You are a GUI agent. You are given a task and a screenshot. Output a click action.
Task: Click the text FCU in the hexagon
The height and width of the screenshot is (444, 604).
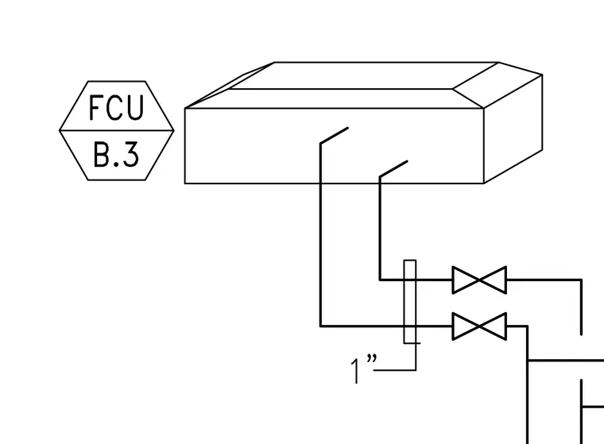tap(116, 107)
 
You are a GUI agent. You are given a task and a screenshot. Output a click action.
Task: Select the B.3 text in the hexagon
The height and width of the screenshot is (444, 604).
tap(116, 155)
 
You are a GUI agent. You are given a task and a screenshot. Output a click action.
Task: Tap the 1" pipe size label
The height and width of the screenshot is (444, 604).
tap(363, 369)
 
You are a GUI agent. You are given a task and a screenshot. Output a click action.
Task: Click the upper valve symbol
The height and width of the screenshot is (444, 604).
tap(479, 280)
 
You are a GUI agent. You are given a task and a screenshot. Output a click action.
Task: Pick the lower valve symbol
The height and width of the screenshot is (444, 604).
tap(479, 326)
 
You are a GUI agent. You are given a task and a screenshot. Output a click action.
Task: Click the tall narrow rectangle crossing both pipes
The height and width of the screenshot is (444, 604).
tap(410, 302)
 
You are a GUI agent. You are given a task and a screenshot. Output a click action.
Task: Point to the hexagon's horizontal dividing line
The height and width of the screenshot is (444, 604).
tap(117, 130)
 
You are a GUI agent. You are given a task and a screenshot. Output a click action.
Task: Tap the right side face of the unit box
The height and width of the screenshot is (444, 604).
tap(513, 129)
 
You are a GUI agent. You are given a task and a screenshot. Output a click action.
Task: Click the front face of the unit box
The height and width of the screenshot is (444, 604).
tap(334, 145)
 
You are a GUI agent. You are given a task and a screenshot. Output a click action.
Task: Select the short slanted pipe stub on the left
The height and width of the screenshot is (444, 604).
tap(335, 135)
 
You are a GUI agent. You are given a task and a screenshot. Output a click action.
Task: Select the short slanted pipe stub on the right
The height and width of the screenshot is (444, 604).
tap(393, 169)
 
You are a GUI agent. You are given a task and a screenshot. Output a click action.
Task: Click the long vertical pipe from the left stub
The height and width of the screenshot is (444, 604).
tap(320, 234)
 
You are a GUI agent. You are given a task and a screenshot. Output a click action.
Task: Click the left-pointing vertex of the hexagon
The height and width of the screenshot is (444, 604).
tap(60, 130)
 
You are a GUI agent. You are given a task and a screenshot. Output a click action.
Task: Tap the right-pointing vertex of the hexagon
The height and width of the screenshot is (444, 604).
tap(174, 130)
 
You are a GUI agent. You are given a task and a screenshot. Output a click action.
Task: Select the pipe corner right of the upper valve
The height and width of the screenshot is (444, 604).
tap(581, 280)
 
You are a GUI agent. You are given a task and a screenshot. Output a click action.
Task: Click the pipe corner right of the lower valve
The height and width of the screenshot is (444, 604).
tap(528, 326)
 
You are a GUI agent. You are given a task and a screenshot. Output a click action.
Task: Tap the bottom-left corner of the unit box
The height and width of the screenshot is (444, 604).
tap(185, 183)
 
